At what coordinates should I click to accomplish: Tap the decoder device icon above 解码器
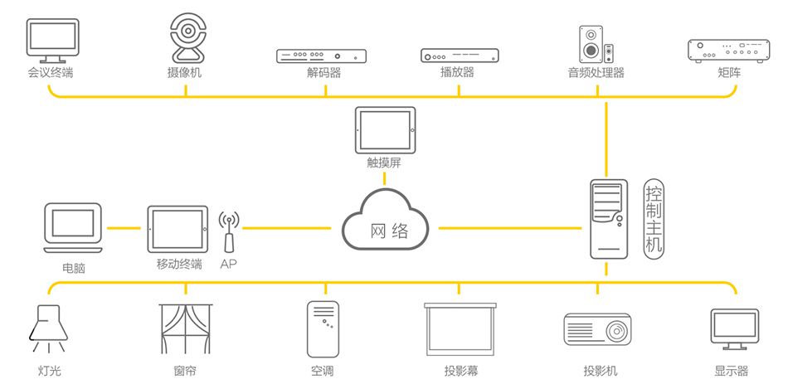point(321,56)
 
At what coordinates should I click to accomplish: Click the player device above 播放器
point(460,56)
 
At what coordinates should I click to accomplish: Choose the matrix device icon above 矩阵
point(725,51)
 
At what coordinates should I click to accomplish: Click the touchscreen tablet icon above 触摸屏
point(384,129)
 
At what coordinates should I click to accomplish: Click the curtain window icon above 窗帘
point(185,329)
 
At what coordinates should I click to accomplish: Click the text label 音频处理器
point(596,73)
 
